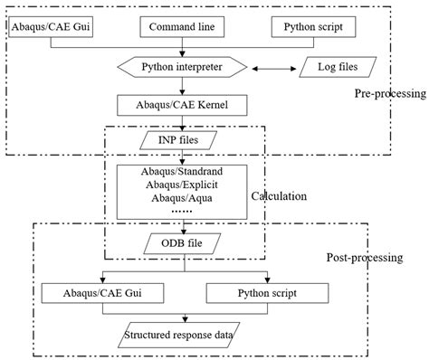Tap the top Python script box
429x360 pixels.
click(313, 28)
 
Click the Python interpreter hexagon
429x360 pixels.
click(183, 67)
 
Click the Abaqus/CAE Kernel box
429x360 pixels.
click(183, 105)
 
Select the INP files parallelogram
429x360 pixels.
click(183, 140)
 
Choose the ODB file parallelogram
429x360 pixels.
click(183, 242)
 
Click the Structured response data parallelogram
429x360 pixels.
click(186, 336)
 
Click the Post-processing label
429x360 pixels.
click(363, 258)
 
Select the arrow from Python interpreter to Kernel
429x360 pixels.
click(183, 86)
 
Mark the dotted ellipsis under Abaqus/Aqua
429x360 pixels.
click(183, 212)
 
